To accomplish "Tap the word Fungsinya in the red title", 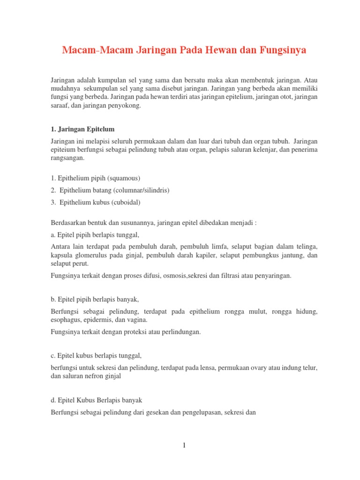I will pos(281,50).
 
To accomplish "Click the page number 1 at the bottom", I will pos(185,445).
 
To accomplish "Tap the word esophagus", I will pos(66,320).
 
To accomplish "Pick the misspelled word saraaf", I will pos(60,105).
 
